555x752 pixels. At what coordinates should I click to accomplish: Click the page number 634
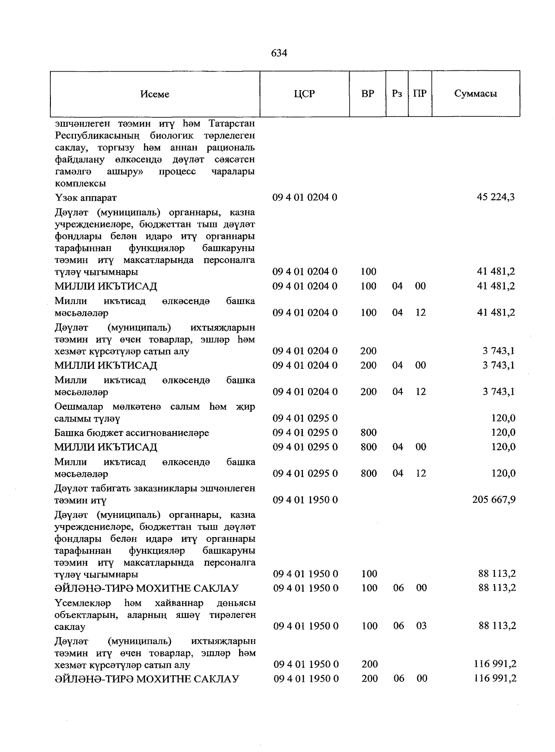pyautogui.click(x=279, y=53)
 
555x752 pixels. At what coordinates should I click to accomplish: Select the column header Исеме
pyautogui.click(x=155, y=94)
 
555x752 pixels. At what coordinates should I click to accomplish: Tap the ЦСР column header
pyautogui.click(x=304, y=94)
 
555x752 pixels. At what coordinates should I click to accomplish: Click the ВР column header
pyautogui.click(x=368, y=94)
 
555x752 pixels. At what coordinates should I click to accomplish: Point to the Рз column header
pyautogui.click(x=397, y=94)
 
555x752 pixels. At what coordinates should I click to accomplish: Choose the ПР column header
pyautogui.click(x=419, y=94)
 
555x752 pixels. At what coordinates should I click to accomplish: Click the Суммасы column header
pyautogui.click(x=475, y=94)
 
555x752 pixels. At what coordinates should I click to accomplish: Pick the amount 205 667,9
pyautogui.click(x=494, y=500)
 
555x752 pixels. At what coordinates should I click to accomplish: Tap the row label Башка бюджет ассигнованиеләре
pyautogui.click(x=132, y=433)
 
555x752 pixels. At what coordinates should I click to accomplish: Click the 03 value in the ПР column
pyautogui.click(x=421, y=626)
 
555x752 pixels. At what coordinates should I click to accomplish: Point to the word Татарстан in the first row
pyautogui.click(x=232, y=124)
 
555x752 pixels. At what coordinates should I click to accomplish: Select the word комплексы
pyautogui.click(x=80, y=183)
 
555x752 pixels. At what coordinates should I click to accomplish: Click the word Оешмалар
pyautogui.click(x=81, y=407)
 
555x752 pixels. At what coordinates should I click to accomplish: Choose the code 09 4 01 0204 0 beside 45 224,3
pyautogui.click(x=305, y=197)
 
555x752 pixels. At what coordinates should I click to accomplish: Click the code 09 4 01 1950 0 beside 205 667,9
pyautogui.click(x=305, y=500)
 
